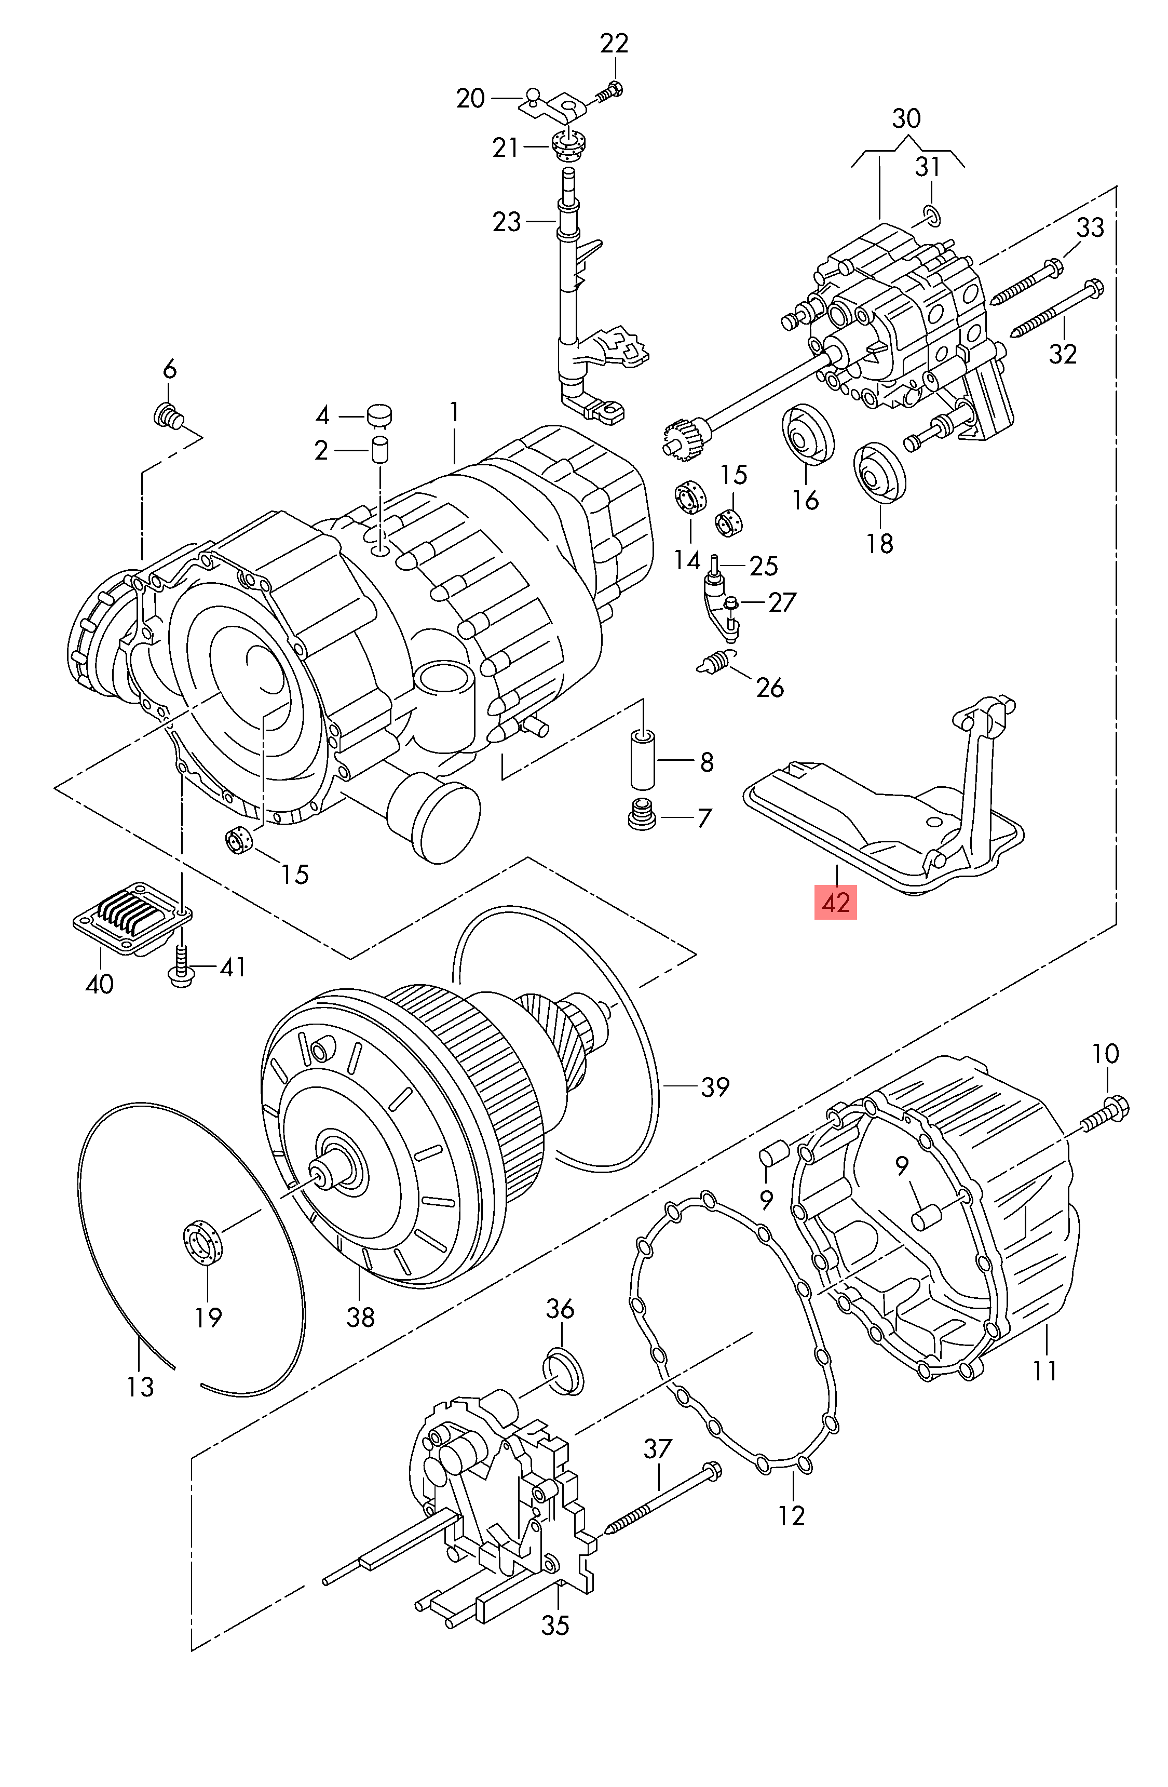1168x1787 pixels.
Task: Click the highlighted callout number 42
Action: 835,902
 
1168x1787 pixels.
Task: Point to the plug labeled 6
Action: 170,416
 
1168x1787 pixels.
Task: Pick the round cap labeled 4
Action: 379,414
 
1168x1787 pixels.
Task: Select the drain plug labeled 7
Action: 641,815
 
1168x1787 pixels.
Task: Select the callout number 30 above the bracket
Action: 906,118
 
